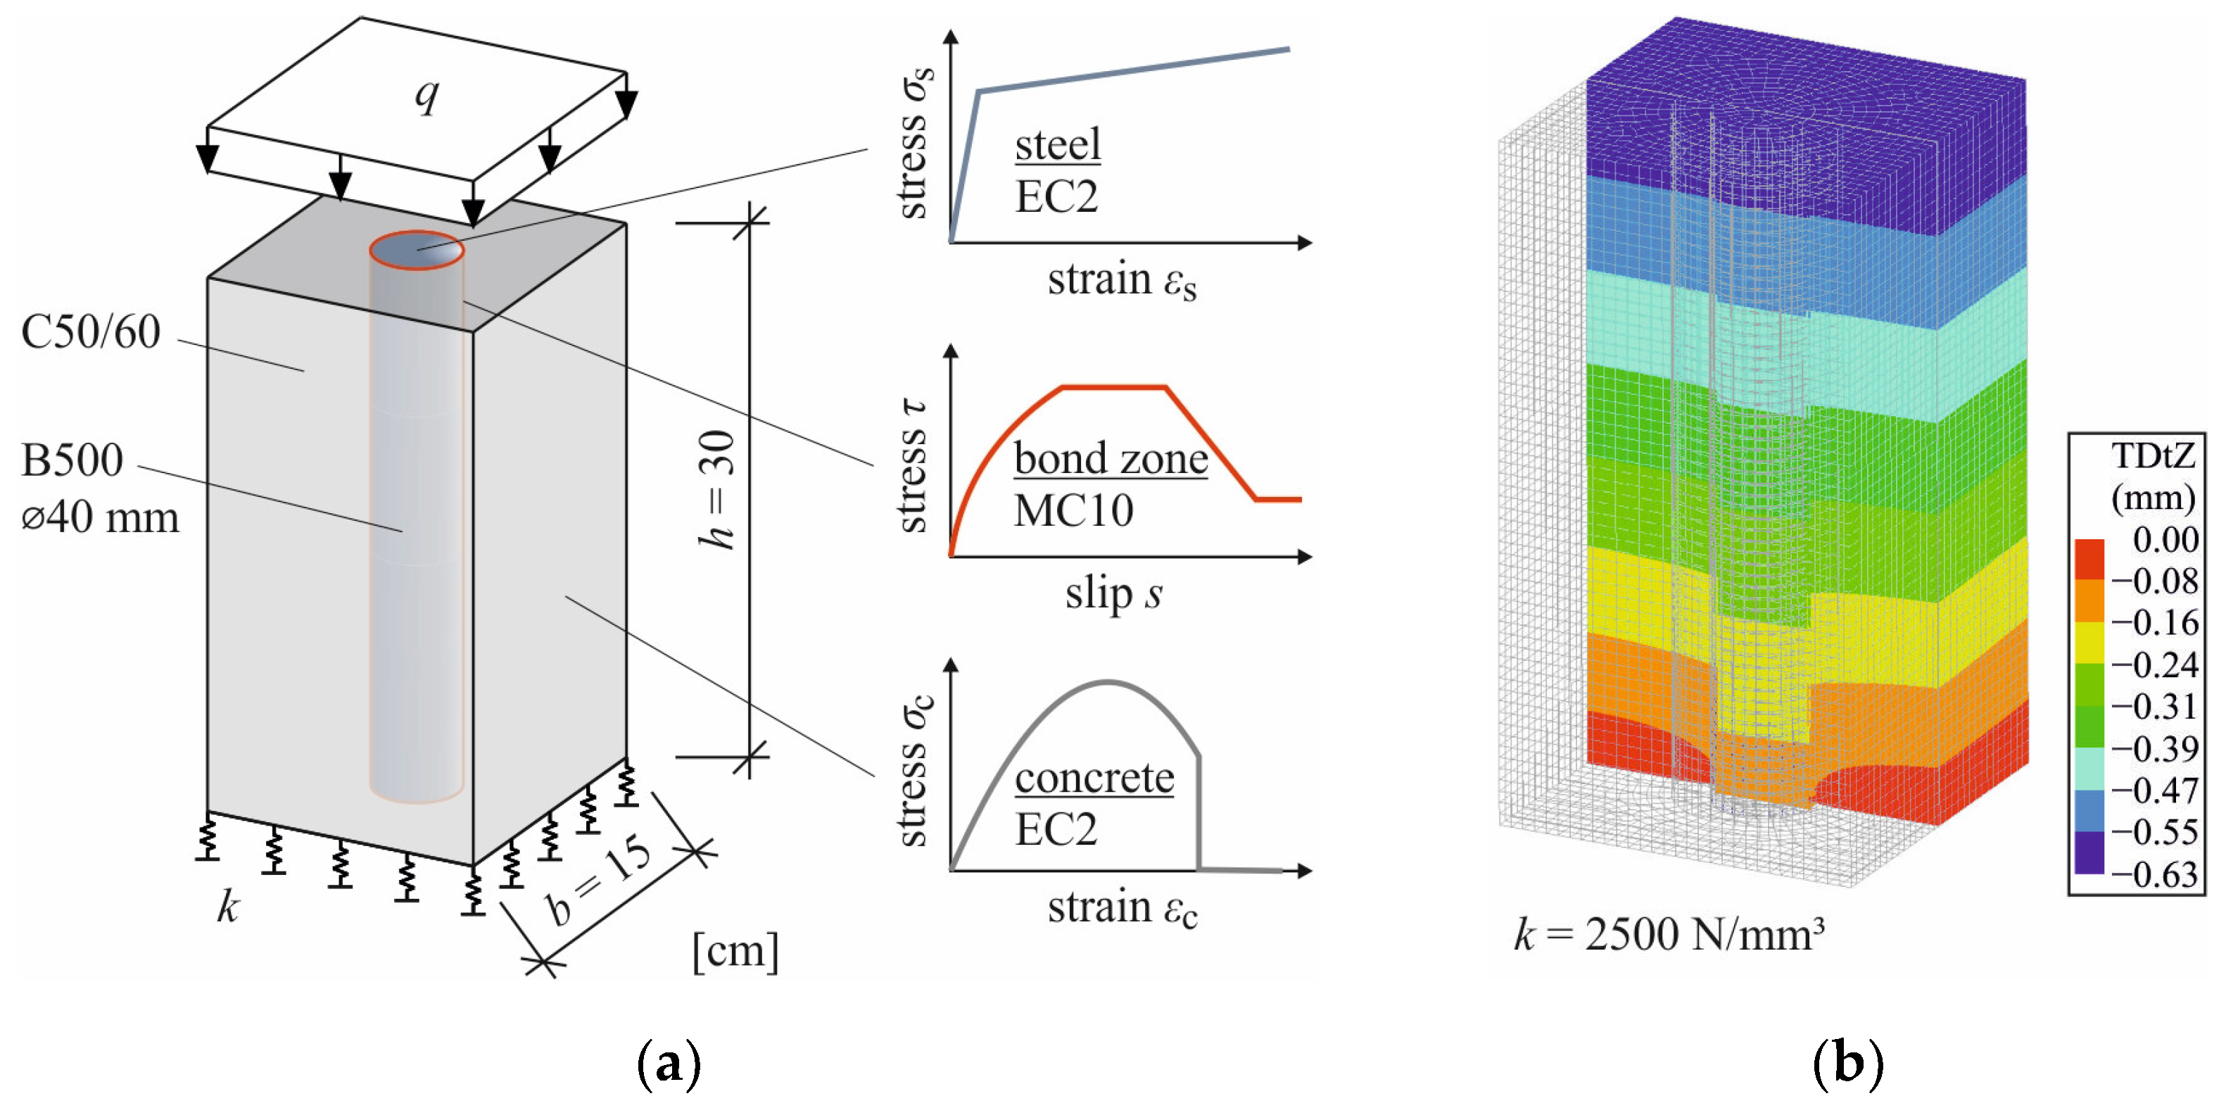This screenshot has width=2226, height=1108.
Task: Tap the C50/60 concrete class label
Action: (91, 332)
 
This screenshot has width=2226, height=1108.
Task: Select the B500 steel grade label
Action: (72, 460)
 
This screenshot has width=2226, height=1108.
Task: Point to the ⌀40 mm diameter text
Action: (100, 517)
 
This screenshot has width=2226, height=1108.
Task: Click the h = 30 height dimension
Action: (717, 489)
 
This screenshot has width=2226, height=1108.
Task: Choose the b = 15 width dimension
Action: (599, 881)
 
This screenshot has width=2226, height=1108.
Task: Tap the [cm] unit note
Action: (735, 951)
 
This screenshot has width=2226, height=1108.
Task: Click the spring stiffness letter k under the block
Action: (227, 907)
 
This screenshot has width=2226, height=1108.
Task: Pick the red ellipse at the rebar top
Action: (417, 251)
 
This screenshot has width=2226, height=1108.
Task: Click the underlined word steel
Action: (1058, 144)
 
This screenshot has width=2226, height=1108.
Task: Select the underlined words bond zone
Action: (1111, 458)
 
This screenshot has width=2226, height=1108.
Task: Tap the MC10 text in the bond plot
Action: (1073, 510)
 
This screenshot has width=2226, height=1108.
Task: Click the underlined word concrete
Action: (1094, 778)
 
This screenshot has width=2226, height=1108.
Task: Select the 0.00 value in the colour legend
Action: (2165, 539)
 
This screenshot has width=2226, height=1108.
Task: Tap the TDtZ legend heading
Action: (2151, 455)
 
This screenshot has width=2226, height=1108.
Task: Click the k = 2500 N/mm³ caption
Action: (1669, 935)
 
